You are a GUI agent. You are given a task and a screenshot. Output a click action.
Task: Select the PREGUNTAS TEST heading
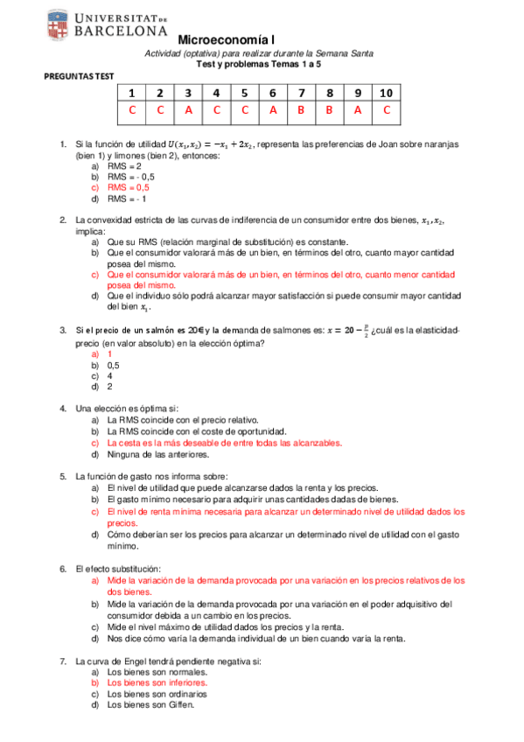tap(79, 77)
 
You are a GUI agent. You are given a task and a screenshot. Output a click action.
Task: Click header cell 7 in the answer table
tap(301, 94)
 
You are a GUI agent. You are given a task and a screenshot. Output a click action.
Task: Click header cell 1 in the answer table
tap(132, 94)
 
